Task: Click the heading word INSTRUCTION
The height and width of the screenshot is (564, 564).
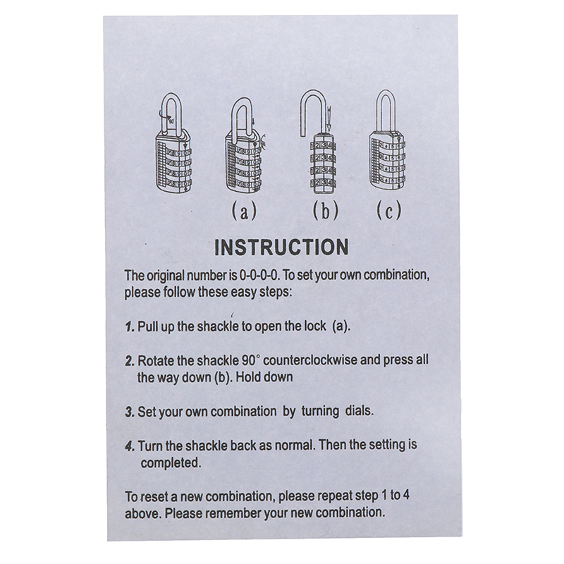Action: [x=281, y=247]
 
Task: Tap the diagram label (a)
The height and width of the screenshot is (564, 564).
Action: [x=244, y=211]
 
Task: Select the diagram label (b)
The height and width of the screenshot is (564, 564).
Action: [x=326, y=211]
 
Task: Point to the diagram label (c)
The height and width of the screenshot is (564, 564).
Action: [x=389, y=211]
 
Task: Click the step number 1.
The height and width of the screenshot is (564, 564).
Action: [x=130, y=327]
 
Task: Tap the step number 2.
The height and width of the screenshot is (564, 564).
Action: [x=130, y=361]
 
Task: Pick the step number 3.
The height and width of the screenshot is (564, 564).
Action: [x=130, y=412]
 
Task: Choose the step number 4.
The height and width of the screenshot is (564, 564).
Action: [x=130, y=447]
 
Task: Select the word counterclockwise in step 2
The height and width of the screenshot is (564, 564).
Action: [x=310, y=360]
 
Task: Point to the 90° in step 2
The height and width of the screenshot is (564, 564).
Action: [x=250, y=360]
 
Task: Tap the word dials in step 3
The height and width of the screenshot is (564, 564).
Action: [x=360, y=411]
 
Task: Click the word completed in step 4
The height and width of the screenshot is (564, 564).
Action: [x=171, y=463]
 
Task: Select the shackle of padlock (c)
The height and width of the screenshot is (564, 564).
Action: [x=386, y=111]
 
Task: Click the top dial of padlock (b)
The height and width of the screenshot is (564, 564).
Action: [x=323, y=147]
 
